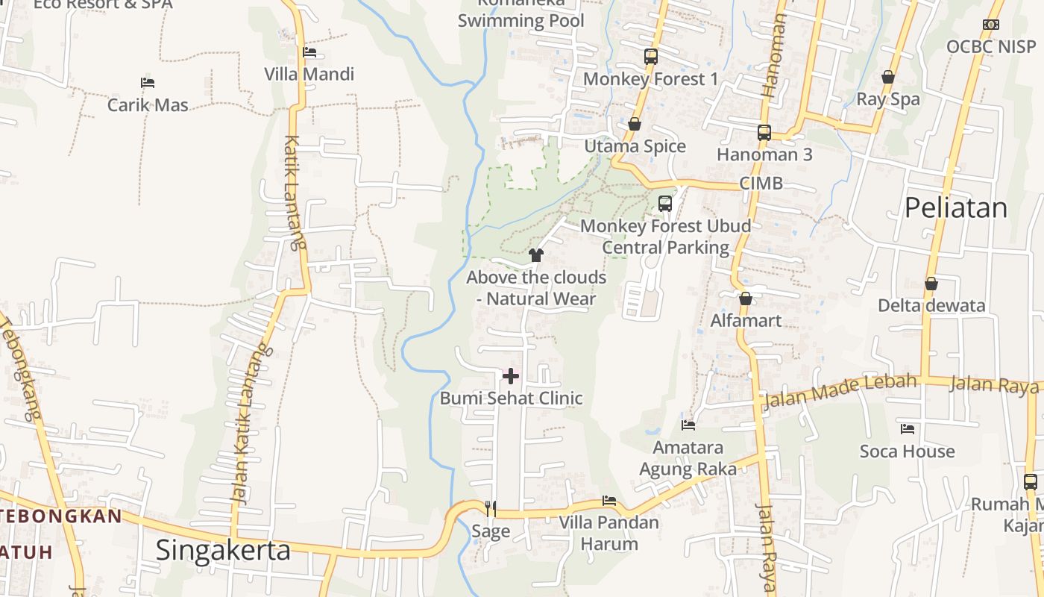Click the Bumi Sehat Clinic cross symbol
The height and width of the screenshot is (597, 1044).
[511, 375]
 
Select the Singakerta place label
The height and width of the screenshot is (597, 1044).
[223, 550]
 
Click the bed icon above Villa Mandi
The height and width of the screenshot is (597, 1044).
[309, 52]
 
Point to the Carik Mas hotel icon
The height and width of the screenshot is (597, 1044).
[148, 83]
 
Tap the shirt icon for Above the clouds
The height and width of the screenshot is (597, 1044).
[535, 255]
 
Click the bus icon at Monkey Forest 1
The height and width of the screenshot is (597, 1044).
[651, 57]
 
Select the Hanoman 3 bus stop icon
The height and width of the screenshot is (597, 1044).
[764, 133]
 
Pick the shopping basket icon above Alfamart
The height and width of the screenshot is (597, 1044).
[745, 298]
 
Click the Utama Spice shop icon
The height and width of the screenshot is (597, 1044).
[635, 124]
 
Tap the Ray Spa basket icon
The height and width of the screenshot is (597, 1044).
[888, 77]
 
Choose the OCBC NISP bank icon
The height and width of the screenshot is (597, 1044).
[991, 25]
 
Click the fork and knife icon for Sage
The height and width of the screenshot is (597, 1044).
[491, 509]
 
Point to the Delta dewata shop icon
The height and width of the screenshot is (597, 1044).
[931, 284]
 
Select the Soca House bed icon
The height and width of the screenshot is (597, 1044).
[908, 429]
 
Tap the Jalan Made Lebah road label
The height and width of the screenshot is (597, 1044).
[840, 391]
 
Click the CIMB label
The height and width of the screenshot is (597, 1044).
[761, 183]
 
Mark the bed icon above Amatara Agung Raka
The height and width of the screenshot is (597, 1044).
[688, 425]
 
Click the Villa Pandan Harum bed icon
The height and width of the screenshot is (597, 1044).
[609, 501]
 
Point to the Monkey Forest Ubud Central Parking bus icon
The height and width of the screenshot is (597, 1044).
[665, 203]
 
